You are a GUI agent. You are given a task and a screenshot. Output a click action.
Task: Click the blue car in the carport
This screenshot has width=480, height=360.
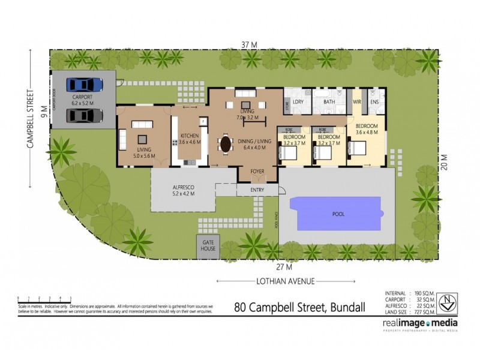click(85, 85)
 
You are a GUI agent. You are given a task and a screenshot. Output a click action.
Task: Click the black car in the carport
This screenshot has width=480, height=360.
click(85, 115)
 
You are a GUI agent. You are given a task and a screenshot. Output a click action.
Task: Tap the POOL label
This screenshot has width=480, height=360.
click(340, 214)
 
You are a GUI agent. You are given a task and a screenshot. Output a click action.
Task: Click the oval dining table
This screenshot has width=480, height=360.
click(226, 145)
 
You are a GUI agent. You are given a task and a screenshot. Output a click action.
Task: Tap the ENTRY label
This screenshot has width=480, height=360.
click(259, 190)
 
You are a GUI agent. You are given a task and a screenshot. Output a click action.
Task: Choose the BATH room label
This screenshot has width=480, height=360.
click(329, 102)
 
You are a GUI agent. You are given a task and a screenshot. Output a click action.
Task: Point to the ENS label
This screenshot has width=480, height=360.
click(374, 102)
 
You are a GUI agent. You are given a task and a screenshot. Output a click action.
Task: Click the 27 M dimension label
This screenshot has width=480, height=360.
click(283, 266)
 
